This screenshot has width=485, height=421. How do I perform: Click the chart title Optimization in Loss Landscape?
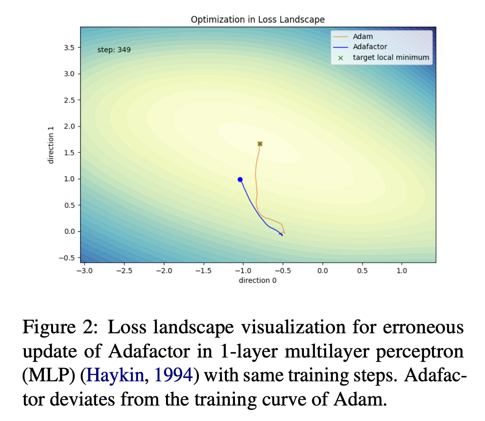[258, 20]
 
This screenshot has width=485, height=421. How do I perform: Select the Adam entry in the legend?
[362, 37]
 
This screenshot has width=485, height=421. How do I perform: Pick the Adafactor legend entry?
[370, 47]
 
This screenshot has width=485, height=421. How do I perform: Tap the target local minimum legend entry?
[391, 57]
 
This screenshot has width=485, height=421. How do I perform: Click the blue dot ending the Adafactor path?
[240, 180]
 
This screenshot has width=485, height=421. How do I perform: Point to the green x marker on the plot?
[260, 144]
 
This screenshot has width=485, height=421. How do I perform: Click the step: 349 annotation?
[114, 50]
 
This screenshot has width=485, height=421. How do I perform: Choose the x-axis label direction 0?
[258, 280]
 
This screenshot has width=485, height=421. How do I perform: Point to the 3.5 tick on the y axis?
[69, 48]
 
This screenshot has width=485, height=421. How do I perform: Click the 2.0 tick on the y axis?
[69, 127]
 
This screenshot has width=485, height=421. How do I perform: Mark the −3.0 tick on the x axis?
[84, 271]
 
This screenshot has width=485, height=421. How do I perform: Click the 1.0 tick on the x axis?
[402, 271]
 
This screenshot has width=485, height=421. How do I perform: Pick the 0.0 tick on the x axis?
[322, 271]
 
